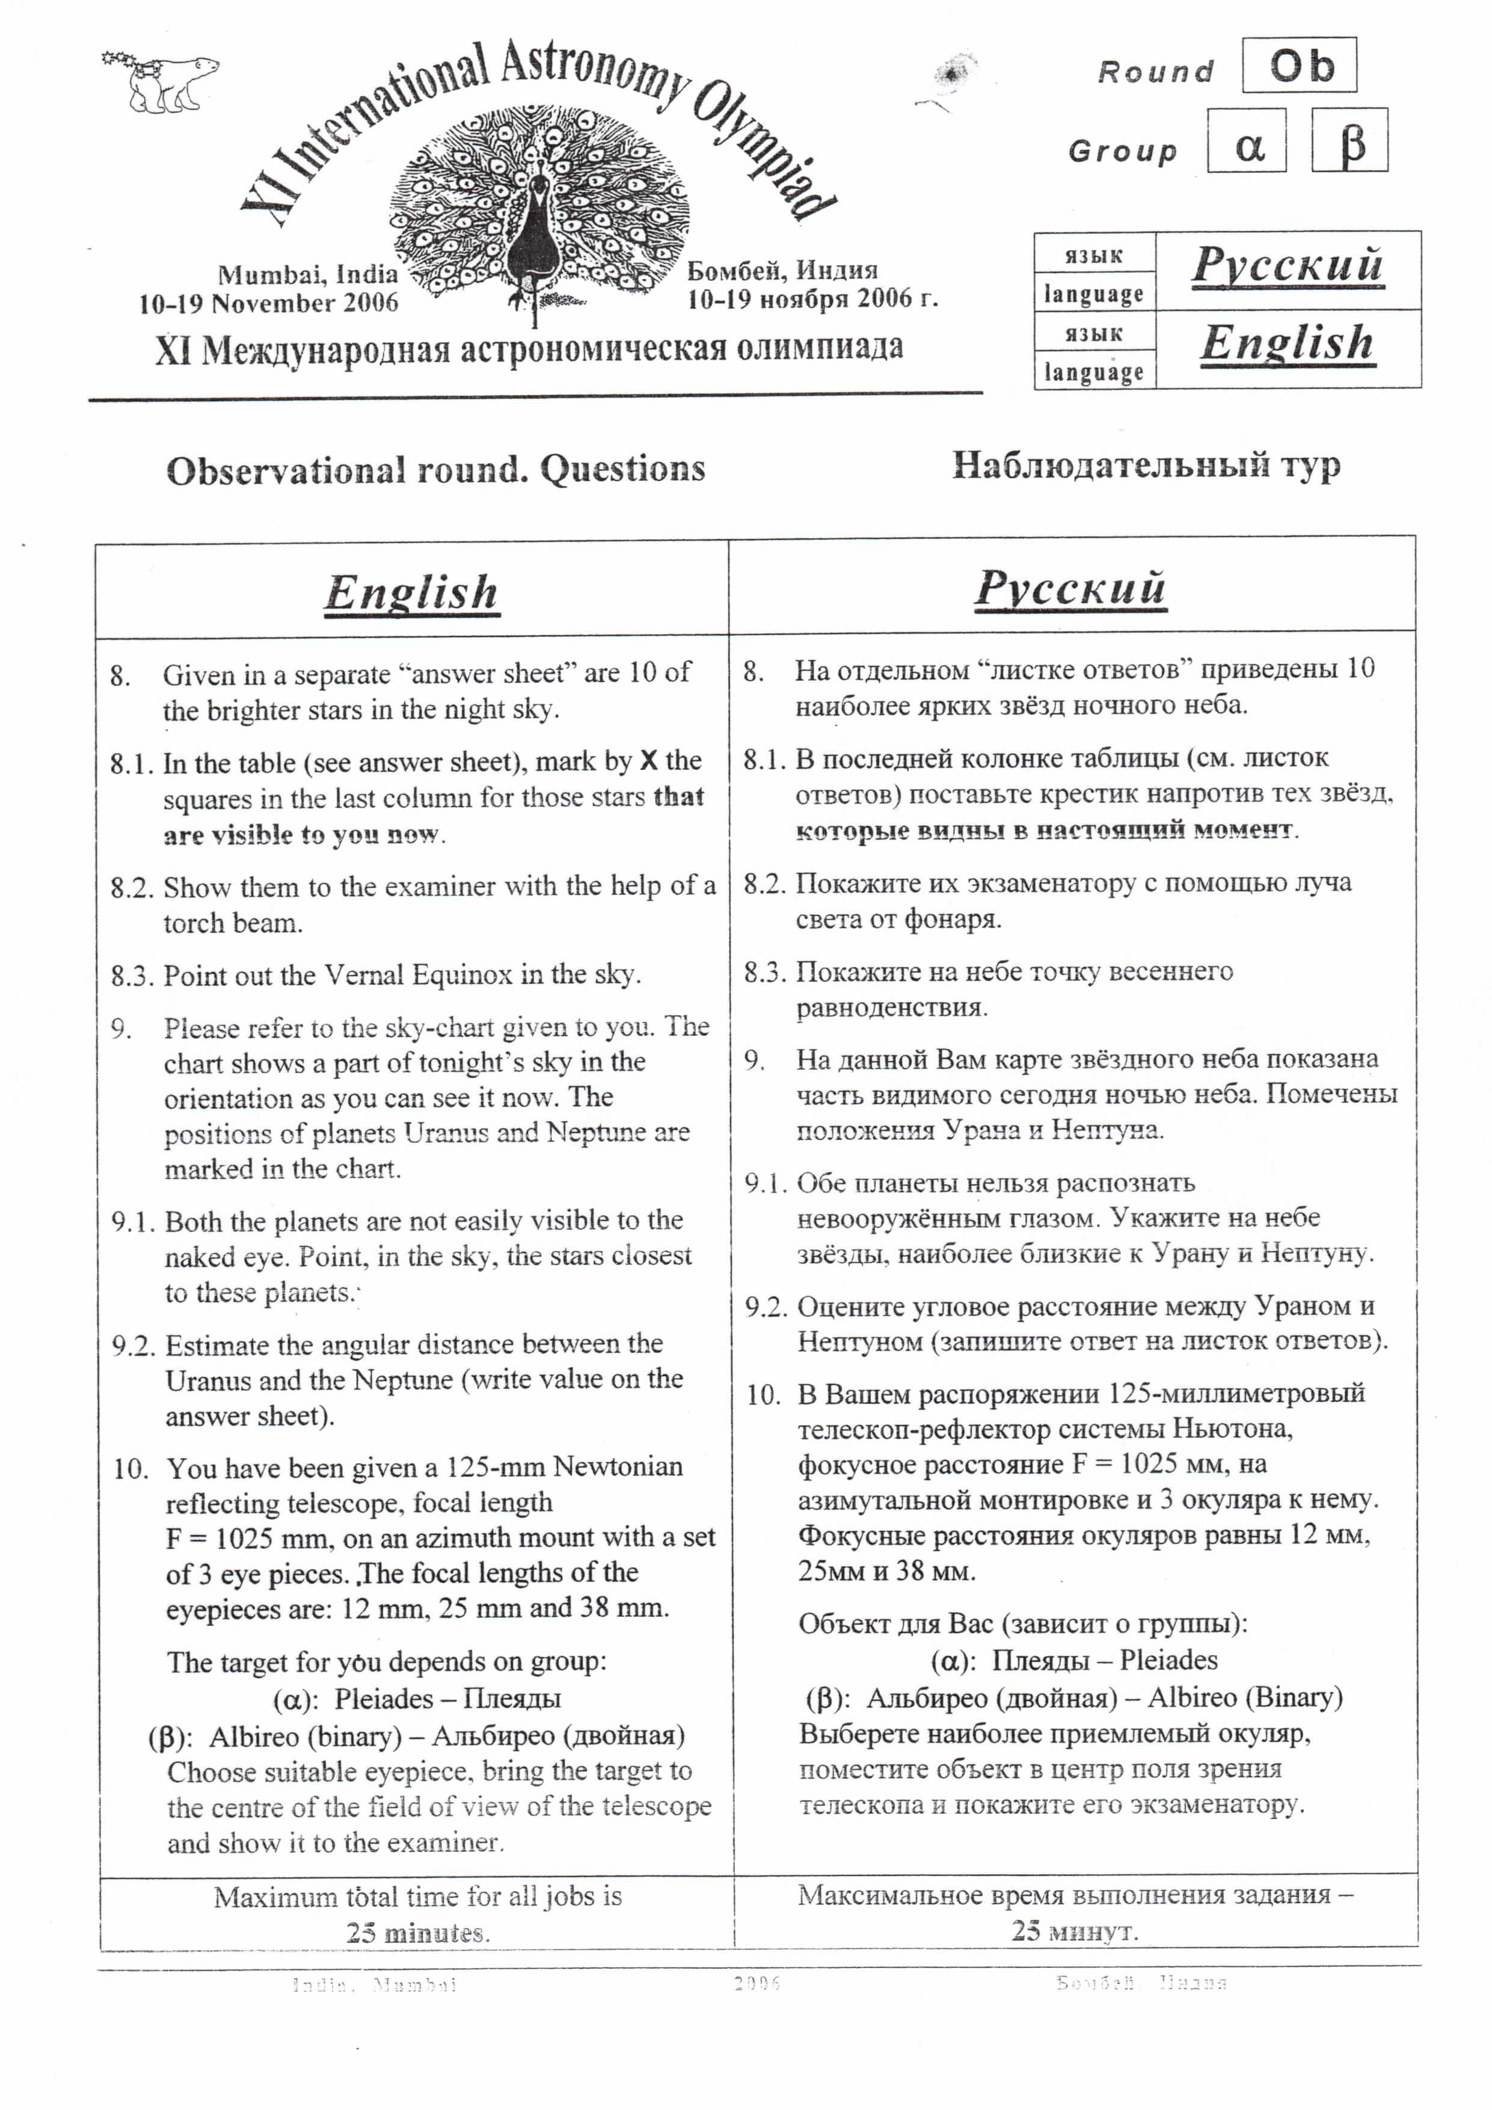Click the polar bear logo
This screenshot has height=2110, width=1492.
[x=162, y=81]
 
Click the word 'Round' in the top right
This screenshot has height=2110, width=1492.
[x=1155, y=72]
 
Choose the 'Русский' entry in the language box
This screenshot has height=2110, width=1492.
[x=1286, y=266]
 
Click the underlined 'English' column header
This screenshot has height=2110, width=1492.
[x=411, y=592]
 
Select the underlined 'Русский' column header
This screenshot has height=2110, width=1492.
[x=1070, y=588]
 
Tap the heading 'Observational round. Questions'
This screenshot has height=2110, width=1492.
[x=435, y=470]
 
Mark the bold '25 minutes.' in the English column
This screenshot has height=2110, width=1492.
[x=418, y=1933]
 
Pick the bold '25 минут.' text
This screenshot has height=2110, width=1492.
[x=1075, y=1931]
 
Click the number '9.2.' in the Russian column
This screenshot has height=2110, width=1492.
[x=766, y=1308]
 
